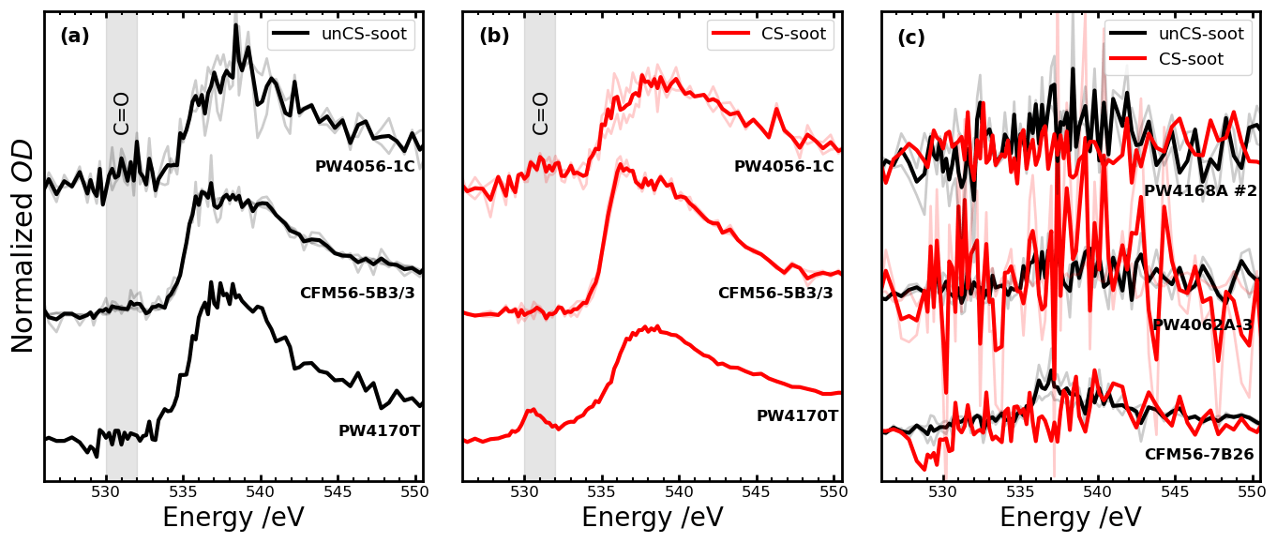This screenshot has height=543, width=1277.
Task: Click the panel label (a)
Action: pos(75,37)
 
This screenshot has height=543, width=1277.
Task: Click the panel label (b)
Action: pos(494,37)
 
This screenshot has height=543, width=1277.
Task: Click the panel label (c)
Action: pos(912,38)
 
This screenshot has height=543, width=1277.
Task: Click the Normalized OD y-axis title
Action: pos(23,246)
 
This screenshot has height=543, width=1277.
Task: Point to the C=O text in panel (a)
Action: pos(122,113)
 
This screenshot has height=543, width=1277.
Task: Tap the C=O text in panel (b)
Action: pos(541,113)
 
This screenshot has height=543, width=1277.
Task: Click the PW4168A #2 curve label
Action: pos(1200,190)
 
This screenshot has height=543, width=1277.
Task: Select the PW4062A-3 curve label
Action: pos(1202,324)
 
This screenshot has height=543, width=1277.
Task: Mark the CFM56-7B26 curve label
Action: pos(1198,454)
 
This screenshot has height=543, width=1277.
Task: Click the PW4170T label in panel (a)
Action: pos(379,431)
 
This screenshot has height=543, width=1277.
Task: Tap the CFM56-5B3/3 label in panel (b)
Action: pos(775,293)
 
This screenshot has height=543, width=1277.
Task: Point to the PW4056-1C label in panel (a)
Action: pos(365,166)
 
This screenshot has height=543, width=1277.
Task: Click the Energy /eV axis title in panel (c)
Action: pos(1071,518)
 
